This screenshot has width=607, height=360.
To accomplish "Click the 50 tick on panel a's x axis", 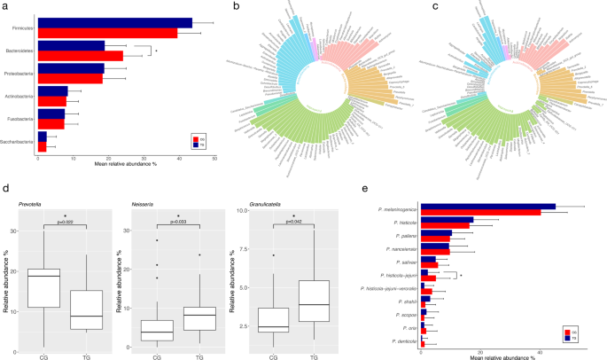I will (214, 158).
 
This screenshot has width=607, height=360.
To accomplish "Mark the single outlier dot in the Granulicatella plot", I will (273, 255).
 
